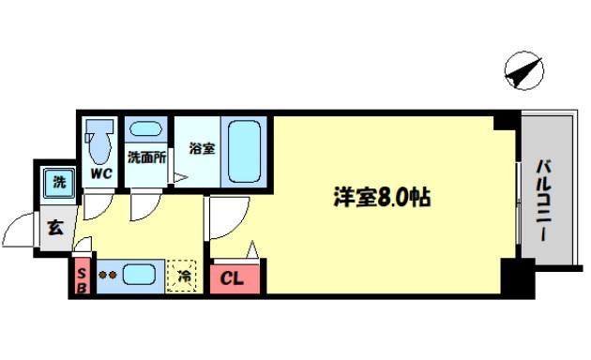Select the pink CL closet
pos(235,278)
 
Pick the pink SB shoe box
pos(82,277)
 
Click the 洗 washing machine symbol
pos(57,181)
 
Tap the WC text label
pos(100,174)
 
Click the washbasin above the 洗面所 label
pos(145,131)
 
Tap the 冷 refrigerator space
pos(185,277)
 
